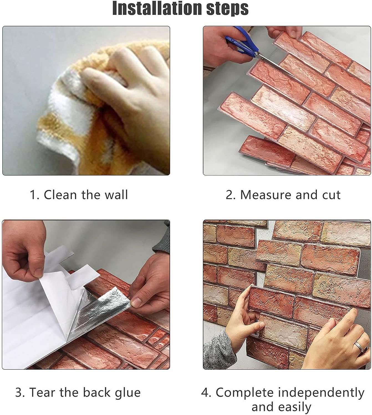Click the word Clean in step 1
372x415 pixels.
[x=60, y=195]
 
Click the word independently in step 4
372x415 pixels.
[x=321, y=392]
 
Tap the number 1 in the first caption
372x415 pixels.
[x=33, y=195]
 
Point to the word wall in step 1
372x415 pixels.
[x=116, y=195]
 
